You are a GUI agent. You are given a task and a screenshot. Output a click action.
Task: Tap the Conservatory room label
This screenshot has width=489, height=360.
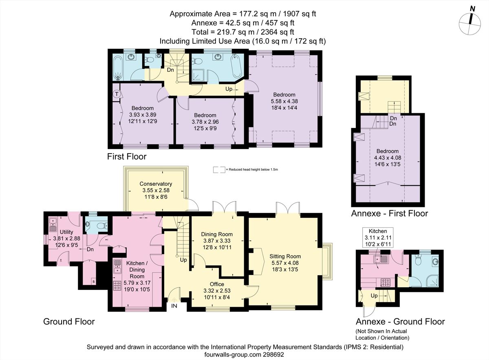pos(156,184)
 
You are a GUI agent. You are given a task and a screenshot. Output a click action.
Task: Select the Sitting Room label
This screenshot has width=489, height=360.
pos(285,257)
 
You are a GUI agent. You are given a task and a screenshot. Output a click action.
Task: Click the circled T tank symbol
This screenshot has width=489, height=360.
pos(117,94)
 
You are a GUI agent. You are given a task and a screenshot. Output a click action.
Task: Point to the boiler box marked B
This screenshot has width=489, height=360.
pos(94,282)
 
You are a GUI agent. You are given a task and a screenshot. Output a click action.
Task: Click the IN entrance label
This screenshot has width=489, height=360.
pos(174,306)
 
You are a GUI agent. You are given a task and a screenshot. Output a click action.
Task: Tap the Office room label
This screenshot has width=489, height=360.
pos(217,284)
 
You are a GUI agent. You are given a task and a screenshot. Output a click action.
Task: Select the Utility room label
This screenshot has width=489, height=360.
pos(66,232)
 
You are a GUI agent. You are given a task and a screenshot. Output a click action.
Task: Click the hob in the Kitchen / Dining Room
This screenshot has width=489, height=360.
pos(117,285)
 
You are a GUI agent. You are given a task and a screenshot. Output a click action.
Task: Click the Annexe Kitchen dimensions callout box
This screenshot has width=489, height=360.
pos(378,237)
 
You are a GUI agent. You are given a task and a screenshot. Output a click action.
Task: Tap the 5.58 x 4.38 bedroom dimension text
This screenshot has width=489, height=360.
pos(284,101)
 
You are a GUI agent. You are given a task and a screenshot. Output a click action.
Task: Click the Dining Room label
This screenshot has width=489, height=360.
pos(217,234)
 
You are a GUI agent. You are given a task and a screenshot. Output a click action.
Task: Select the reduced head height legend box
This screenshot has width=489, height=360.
pos(219,170)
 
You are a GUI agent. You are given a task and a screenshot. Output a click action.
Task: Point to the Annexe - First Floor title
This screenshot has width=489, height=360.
pos(390,213)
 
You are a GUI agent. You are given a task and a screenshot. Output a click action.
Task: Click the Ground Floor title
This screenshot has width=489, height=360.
pos(69,322)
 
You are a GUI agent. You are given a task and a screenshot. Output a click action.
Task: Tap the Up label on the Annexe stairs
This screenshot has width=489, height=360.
pos(374,296)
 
